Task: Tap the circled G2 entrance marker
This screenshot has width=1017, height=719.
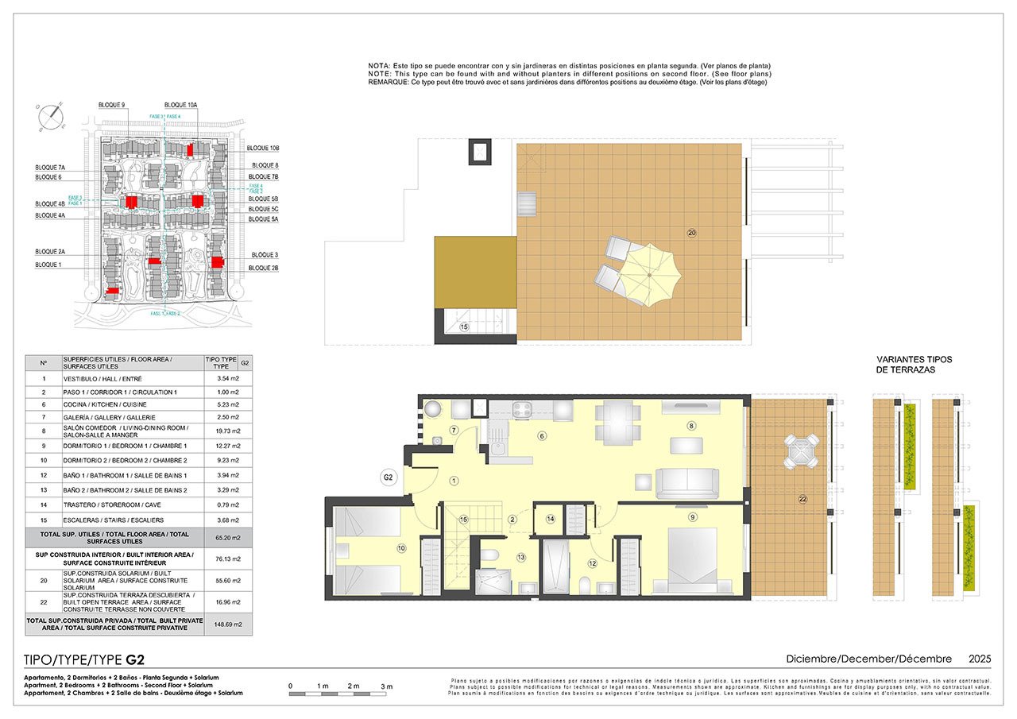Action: pyautogui.click(x=389, y=478)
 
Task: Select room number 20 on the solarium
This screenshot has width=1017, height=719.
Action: pyautogui.click(x=691, y=233)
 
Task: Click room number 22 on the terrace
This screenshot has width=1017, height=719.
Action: pyautogui.click(x=802, y=499)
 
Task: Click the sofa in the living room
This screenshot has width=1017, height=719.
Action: pyautogui.click(x=687, y=482)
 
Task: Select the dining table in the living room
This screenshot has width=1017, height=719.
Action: pyautogui.click(x=618, y=423)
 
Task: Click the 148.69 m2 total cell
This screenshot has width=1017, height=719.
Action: pyautogui.click(x=228, y=624)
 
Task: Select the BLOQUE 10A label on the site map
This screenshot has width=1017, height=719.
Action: pyautogui.click(x=180, y=105)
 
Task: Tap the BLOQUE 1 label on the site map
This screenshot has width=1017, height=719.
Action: pyautogui.click(x=48, y=265)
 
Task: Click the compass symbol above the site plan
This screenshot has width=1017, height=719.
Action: pyautogui.click(x=50, y=118)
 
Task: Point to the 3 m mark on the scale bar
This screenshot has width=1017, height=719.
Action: pyautogui.click(x=387, y=686)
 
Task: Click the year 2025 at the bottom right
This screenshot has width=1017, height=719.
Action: pyautogui.click(x=980, y=659)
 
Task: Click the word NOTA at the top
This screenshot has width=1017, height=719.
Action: pyautogui.click(x=379, y=66)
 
